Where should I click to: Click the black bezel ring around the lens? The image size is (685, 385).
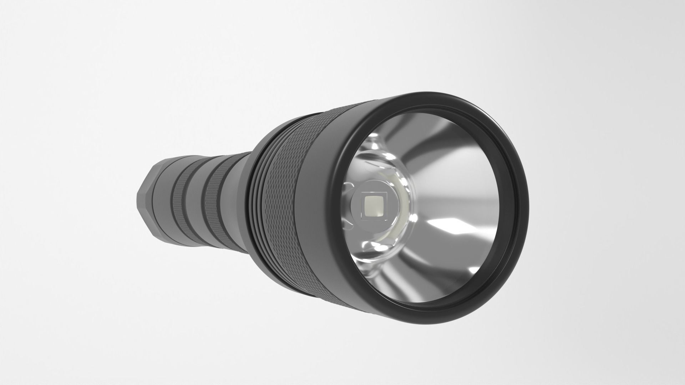(514, 171)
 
